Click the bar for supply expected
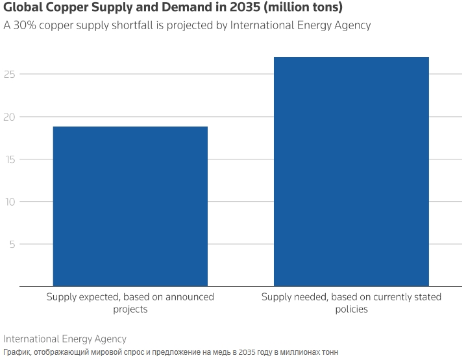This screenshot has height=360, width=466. click(x=130, y=206)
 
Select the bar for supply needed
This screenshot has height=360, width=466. click(x=351, y=172)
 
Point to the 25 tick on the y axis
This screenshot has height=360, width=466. click(x=10, y=74)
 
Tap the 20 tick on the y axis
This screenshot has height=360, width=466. click(x=10, y=117)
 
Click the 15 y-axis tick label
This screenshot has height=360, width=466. click(x=10, y=160)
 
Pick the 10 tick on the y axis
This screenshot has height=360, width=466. click(x=10, y=202)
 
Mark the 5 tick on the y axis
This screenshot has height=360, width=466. click(x=12, y=245)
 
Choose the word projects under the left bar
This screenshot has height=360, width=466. click(x=130, y=309)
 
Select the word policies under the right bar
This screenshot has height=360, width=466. click(x=351, y=309)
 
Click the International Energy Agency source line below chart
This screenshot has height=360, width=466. click(x=65, y=339)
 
